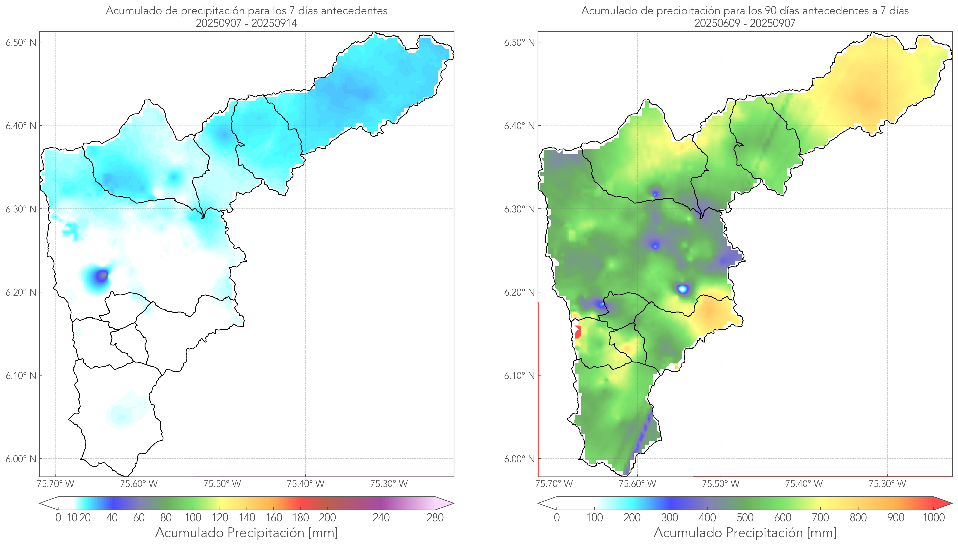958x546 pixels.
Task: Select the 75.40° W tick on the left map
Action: tap(305, 484)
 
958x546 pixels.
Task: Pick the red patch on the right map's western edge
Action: tap(578, 332)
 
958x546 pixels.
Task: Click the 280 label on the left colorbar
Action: tap(435, 518)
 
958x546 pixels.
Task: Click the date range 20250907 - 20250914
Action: tap(247, 23)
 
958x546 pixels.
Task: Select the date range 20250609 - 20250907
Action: tap(745, 23)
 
